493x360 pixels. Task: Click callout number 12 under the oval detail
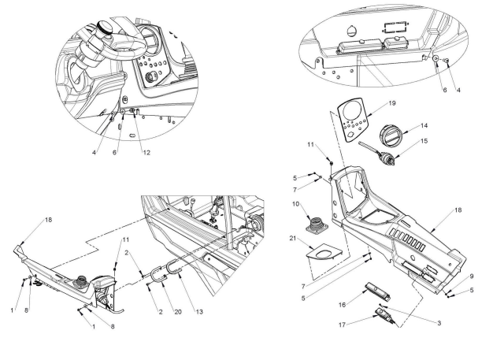click(146, 153)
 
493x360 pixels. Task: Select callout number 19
click(392, 103)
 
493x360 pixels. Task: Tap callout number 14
click(424, 126)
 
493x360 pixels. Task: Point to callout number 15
click(424, 141)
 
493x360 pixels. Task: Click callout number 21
click(293, 239)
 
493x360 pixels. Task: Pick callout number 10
click(295, 204)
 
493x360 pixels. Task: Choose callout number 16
click(342, 305)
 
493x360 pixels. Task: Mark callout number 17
click(342, 325)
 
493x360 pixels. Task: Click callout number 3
click(439, 323)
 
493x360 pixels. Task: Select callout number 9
click(472, 276)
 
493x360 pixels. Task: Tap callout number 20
click(178, 312)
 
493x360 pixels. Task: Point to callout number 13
click(199, 312)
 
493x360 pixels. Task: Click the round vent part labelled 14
click(390, 134)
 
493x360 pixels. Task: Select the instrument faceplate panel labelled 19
click(354, 120)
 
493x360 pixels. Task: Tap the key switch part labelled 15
click(380, 153)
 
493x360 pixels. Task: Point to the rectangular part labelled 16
click(378, 291)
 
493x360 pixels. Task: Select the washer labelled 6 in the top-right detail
click(436, 58)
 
